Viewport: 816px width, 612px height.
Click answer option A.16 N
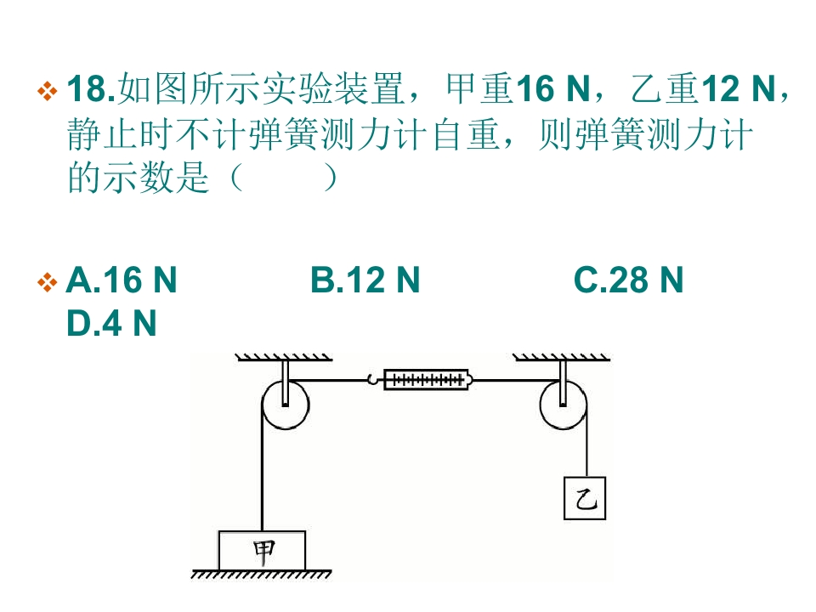click(x=122, y=280)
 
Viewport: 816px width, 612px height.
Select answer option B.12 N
click(x=365, y=280)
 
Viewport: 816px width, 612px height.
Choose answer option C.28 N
click(x=628, y=280)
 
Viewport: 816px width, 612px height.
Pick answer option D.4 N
click(x=111, y=323)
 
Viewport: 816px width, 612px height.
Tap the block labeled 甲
click(x=262, y=551)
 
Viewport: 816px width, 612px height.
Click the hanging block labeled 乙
click(x=585, y=498)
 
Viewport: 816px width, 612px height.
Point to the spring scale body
click(x=427, y=380)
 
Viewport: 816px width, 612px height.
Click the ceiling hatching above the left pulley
click(x=284, y=357)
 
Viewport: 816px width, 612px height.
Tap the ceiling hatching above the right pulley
click(x=562, y=357)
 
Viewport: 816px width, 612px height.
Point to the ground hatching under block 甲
click(x=261, y=574)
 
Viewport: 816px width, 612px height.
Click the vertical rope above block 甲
click(x=262, y=468)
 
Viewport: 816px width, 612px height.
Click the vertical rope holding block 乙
click(x=586, y=442)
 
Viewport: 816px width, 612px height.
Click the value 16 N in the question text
click(x=553, y=88)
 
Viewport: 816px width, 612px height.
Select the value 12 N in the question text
click(x=739, y=88)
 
